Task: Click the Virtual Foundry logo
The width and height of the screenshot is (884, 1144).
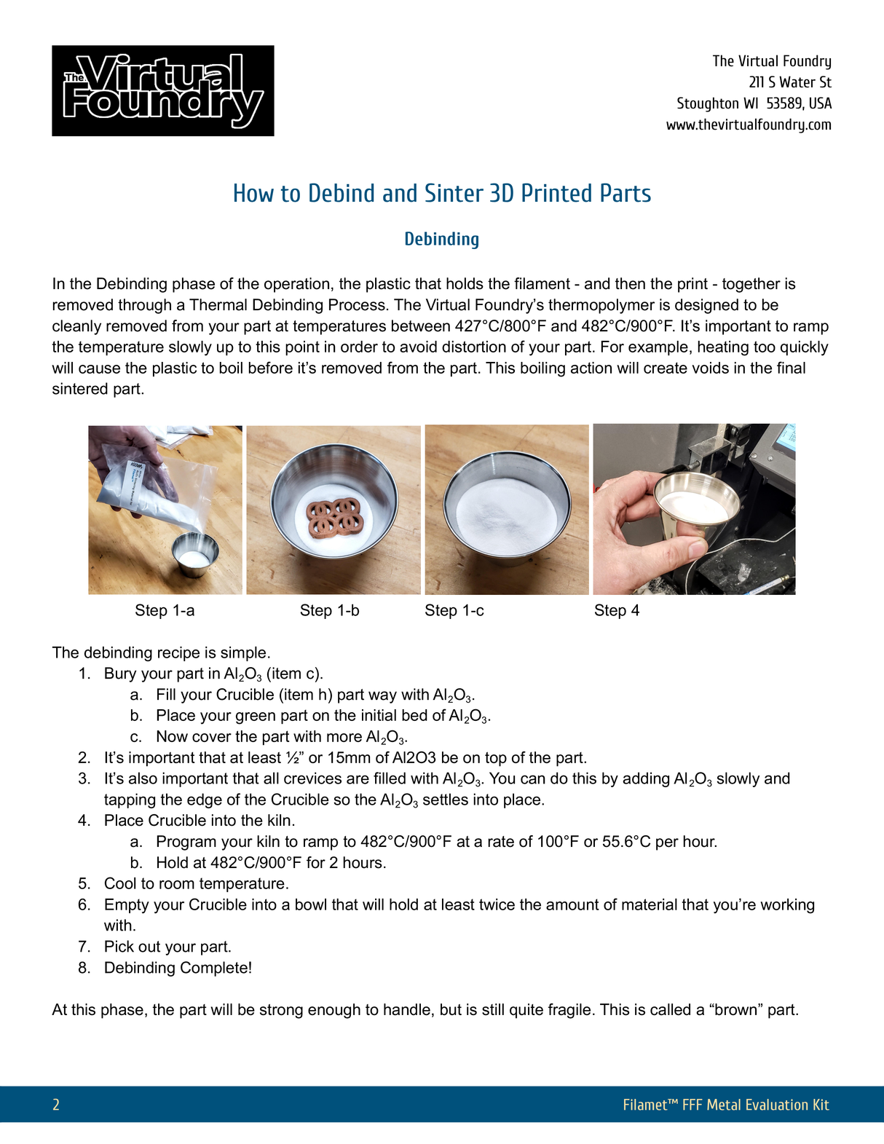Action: coord(162,91)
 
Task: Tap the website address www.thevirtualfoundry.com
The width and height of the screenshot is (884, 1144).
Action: coord(748,125)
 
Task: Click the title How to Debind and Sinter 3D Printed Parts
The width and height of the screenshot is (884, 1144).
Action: coord(441,194)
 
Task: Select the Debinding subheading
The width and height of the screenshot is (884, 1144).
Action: coord(441,239)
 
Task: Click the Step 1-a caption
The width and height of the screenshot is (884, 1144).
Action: coord(165,610)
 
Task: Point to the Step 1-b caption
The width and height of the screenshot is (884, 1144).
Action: coord(329,610)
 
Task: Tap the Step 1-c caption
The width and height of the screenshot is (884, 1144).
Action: coord(454,610)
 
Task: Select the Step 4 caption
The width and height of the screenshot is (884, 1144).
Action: coord(616,610)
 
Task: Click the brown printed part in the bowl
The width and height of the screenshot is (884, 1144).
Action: coord(333,517)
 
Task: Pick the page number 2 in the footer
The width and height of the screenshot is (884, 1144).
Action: coord(56,1105)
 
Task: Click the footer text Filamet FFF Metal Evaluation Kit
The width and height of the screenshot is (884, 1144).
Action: coord(725,1105)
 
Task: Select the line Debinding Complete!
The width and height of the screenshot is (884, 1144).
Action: coord(178,968)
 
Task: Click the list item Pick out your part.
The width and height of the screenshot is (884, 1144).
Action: coord(167,947)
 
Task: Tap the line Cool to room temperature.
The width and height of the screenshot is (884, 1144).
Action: coord(196,883)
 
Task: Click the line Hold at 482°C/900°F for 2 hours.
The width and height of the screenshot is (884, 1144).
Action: coord(271,863)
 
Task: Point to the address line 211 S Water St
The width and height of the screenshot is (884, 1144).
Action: coord(789,82)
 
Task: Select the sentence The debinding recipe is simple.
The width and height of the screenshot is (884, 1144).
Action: coord(161,652)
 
